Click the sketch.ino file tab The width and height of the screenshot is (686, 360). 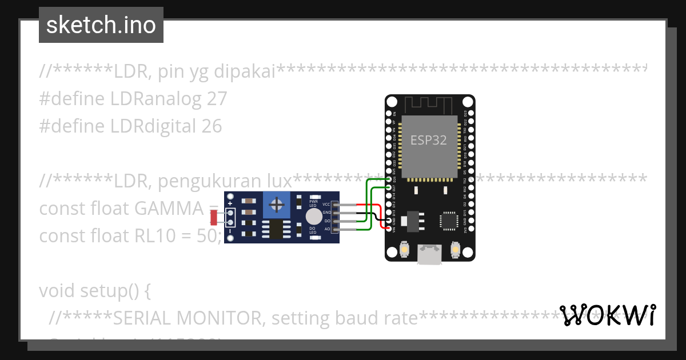click(101, 25)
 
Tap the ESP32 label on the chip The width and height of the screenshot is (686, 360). click(429, 140)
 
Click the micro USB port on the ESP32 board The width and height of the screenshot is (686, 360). click(429, 254)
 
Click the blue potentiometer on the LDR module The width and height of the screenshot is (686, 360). click(277, 205)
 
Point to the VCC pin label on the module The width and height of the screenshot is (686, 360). click(326, 204)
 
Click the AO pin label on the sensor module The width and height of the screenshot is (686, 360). click(327, 229)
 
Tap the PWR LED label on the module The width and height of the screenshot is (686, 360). click(313, 203)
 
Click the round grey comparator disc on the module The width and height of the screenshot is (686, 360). click(313, 217)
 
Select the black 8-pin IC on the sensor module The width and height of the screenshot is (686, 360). click(277, 230)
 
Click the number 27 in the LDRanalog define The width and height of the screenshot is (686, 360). click(217, 99)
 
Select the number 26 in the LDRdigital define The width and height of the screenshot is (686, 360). click(211, 126)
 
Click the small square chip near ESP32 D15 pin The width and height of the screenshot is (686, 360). click(449, 221)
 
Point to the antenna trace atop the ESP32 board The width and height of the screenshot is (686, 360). click(429, 105)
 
